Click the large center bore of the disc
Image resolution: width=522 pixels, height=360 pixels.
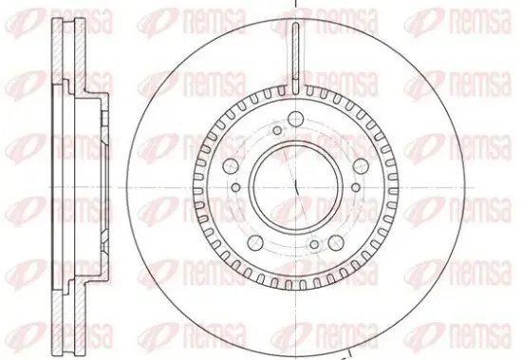click(295, 187)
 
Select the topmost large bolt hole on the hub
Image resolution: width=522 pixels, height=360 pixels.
click(295, 119)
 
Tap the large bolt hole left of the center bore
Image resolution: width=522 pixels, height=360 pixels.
click(231, 166)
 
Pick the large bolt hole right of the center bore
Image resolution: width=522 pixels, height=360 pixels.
click(361, 166)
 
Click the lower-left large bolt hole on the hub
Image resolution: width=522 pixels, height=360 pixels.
click(255, 242)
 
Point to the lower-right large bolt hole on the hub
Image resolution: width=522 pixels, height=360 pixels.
click(336, 242)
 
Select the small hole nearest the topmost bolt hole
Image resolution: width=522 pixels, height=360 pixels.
click(277, 130)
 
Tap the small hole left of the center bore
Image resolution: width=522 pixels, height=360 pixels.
click(235, 187)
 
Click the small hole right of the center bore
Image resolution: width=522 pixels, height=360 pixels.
click(356, 187)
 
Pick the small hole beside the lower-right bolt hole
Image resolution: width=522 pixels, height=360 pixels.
click(314, 245)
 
